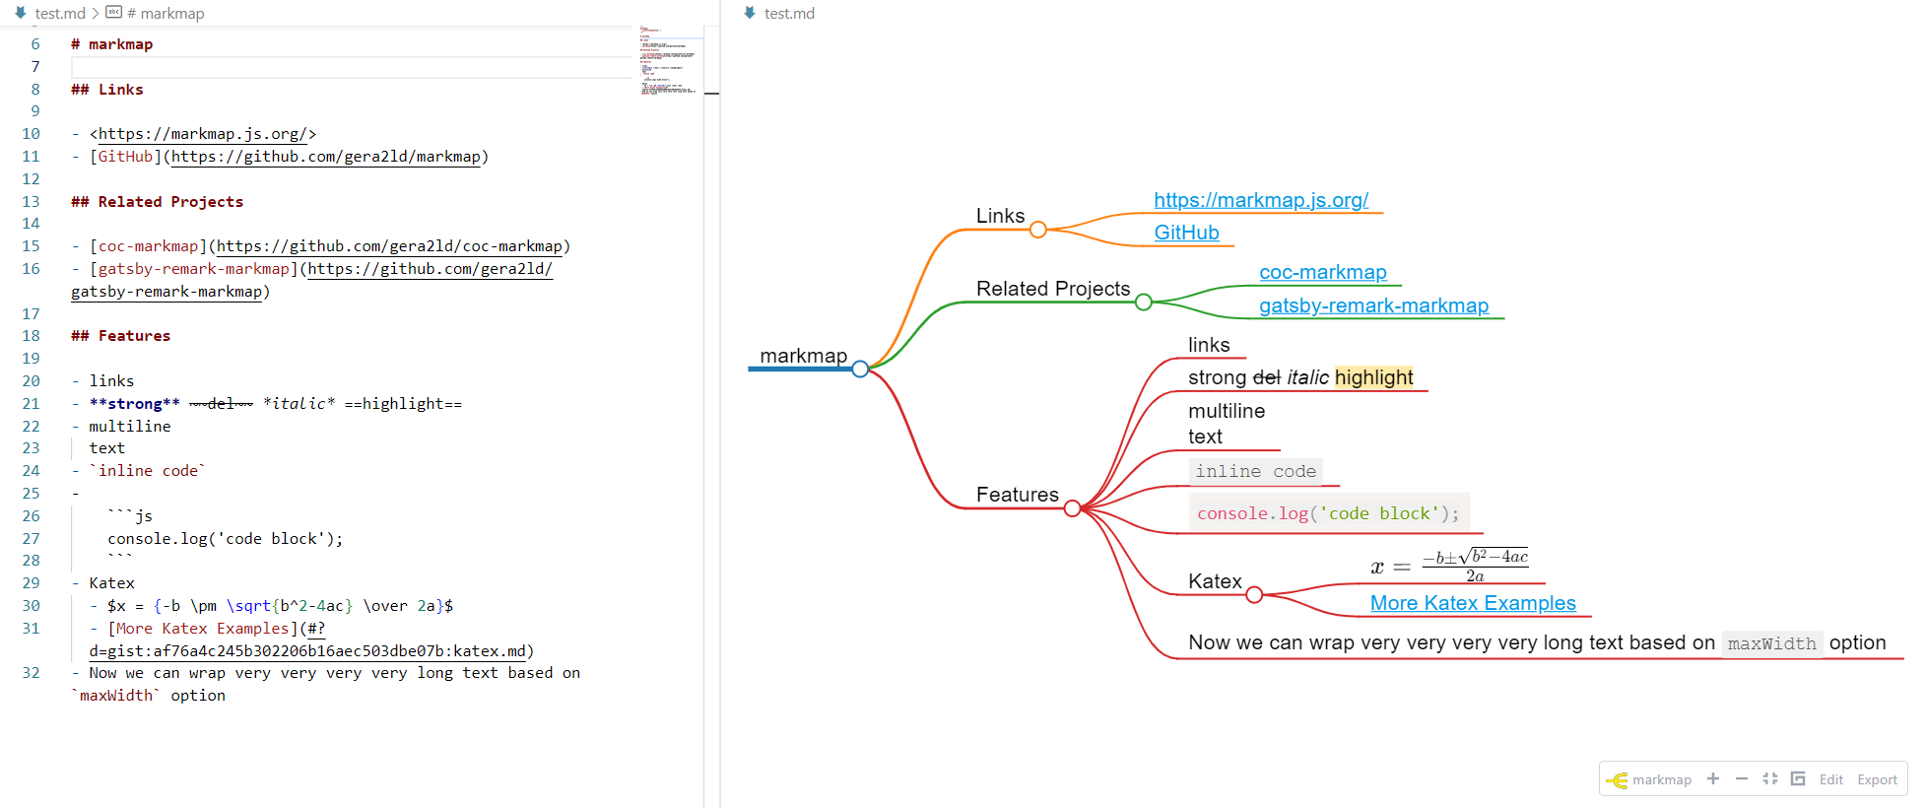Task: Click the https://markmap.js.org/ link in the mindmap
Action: click(1261, 200)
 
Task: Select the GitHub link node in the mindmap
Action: click(1186, 233)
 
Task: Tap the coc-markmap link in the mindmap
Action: click(1322, 272)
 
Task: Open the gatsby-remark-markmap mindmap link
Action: click(1373, 305)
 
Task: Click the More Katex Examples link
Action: click(1473, 603)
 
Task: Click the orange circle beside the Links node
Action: click(1037, 230)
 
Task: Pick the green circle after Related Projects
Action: click(1143, 303)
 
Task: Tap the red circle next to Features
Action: click(1072, 508)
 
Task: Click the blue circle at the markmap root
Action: click(860, 369)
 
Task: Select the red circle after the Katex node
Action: click(1254, 595)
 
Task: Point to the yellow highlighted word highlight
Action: click(1373, 377)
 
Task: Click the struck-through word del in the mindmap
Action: click(1266, 377)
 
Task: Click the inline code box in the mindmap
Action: click(1255, 472)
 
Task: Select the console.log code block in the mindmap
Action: click(1328, 513)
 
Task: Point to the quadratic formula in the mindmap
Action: click(1449, 567)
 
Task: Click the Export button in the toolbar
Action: click(1877, 779)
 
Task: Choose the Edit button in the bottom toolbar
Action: click(1830, 779)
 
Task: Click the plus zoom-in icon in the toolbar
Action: click(1713, 778)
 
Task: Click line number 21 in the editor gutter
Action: click(32, 404)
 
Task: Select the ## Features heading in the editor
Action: click(120, 336)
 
